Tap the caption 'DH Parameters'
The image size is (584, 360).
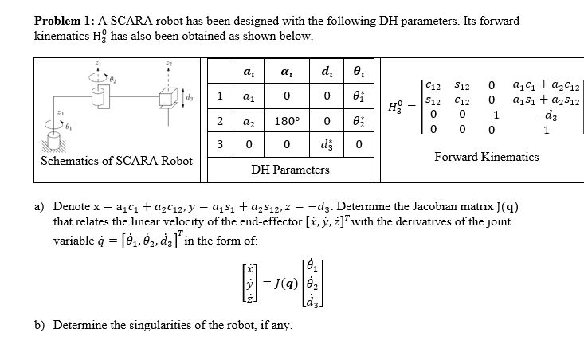tap(290, 170)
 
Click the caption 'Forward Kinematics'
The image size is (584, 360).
tap(486, 157)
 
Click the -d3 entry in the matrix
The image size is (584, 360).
tap(543, 116)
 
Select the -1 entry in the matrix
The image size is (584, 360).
tap(492, 116)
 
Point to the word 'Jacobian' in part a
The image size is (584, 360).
tap(430, 206)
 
